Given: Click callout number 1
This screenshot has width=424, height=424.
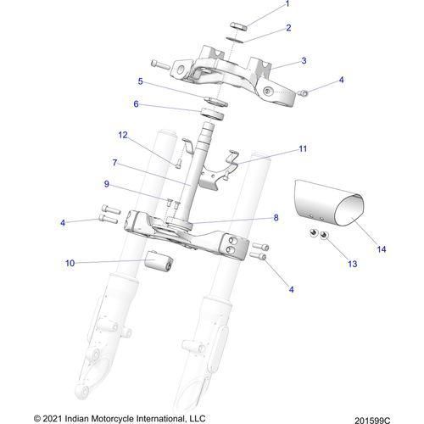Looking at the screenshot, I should pos(287,5).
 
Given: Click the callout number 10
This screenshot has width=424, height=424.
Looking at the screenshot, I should pos(70,263).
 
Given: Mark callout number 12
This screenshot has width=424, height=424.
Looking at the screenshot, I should pos(122,134).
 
